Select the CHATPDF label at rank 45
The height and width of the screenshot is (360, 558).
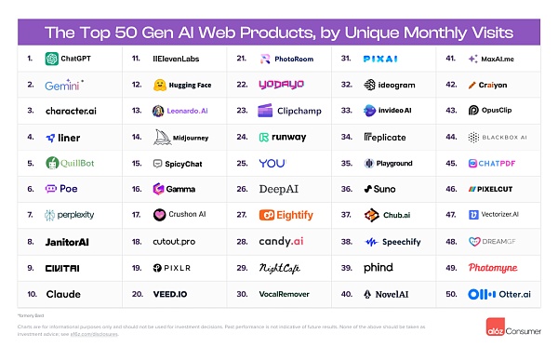tap(504, 163)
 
